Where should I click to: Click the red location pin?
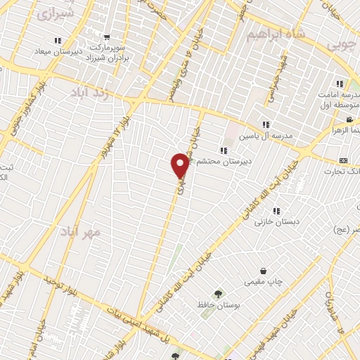(x=180, y=165)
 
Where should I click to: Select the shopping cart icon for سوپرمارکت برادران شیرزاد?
(x=106, y=38)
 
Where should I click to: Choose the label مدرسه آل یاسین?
(x=268, y=136)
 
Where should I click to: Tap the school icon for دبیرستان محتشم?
(x=223, y=150)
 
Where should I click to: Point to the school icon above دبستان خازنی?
(x=276, y=210)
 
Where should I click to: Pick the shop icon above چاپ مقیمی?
(x=263, y=271)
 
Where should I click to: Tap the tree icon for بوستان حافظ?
(x=217, y=294)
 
